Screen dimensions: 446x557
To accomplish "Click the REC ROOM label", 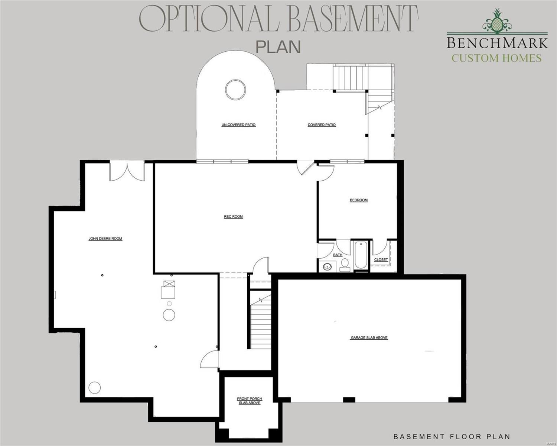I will tap(233, 217).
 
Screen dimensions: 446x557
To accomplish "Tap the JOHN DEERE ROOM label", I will tap(105, 239).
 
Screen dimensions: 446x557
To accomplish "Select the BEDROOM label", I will tap(359, 200).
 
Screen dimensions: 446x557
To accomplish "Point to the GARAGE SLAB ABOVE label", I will tap(369, 338).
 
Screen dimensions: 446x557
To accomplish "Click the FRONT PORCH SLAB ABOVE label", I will tap(250, 401).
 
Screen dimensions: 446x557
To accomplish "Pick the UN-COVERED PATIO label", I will tap(238, 125).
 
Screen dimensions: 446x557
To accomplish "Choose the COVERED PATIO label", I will tap(322, 125).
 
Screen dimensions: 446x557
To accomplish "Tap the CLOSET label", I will tap(381, 259).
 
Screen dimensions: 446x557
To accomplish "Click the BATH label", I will tap(338, 255).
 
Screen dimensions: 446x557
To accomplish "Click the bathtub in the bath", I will tap(361, 255).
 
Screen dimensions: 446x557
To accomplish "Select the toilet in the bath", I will tap(345, 264).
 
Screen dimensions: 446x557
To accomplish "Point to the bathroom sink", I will tap(327, 266).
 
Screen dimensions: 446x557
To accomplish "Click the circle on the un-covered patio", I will tap(235, 90).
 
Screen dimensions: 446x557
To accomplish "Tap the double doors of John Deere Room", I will tap(127, 172).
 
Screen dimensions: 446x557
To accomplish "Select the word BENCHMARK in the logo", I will tap(497, 43).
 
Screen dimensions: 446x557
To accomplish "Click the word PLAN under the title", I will tap(278, 47).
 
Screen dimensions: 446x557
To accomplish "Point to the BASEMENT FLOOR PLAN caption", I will tap(452, 437).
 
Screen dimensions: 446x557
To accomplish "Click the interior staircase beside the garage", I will tap(260, 320).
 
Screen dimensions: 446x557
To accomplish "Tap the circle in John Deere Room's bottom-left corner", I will tap(94, 388).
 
